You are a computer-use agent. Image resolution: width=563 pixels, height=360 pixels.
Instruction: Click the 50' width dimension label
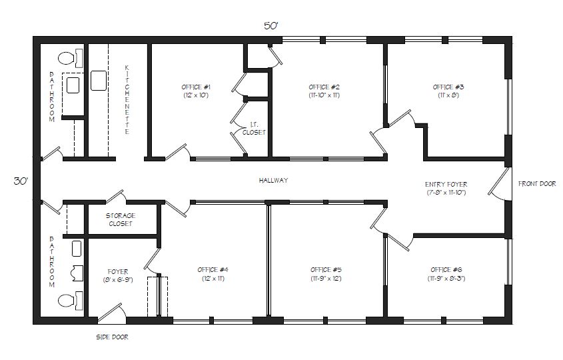(271, 26)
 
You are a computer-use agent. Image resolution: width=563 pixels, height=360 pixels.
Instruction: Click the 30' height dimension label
(21, 181)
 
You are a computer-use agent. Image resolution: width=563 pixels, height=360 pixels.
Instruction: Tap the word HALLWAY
(273, 181)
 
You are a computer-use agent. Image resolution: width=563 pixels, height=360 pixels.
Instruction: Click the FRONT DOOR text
(537, 183)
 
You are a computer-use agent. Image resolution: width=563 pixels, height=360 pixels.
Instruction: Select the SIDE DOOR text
(112, 337)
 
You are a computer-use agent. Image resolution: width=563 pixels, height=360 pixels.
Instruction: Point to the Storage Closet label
(121, 219)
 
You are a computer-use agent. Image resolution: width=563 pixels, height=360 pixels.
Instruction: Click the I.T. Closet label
(254, 128)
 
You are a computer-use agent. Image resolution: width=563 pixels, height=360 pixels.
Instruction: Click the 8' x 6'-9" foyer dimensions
(118, 279)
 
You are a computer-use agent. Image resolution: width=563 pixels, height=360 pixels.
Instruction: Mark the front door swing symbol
(500, 184)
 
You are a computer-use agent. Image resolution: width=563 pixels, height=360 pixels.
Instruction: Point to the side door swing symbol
(112, 312)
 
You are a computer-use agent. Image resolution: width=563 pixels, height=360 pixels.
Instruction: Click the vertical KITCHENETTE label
(127, 99)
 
